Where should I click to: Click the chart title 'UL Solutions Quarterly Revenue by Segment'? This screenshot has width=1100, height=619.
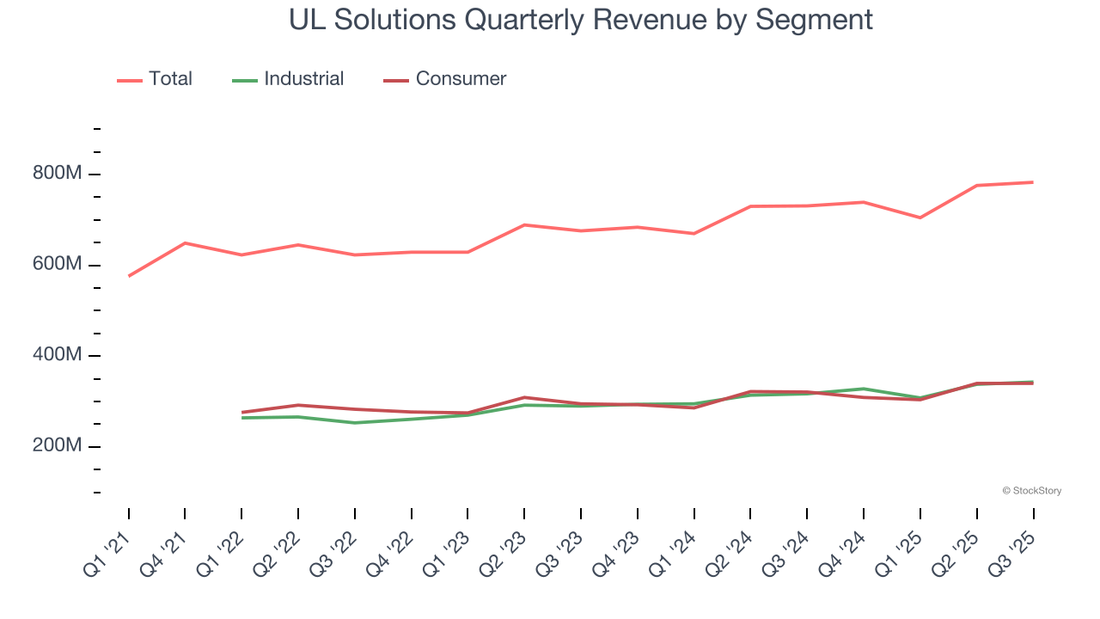[580, 19]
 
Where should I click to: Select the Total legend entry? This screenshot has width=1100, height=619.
[170, 79]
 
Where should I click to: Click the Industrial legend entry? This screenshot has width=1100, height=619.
[303, 79]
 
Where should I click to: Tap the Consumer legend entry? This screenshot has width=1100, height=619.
[461, 79]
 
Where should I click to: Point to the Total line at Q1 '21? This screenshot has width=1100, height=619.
[129, 276]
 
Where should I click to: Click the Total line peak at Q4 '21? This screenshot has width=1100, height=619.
[185, 243]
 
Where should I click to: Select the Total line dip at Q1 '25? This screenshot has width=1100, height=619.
[920, 218]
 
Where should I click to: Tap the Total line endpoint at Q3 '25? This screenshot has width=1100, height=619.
[1032, 182]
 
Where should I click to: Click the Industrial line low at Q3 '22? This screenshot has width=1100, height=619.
[355, 422]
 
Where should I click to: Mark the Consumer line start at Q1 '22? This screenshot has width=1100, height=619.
[242, 412]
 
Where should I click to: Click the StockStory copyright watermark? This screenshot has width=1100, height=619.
[1031, 491]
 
